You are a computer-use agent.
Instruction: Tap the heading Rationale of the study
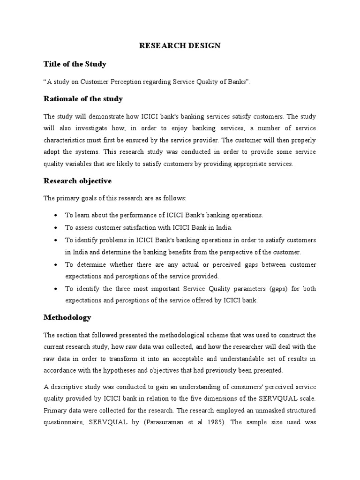[83, 98]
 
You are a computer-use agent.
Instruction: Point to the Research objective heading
[77, 180]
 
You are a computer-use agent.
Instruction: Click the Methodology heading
[67, 317]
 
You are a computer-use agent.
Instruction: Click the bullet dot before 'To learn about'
[56, 215]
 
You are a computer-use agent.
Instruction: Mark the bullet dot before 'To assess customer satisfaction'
[56, 227]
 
